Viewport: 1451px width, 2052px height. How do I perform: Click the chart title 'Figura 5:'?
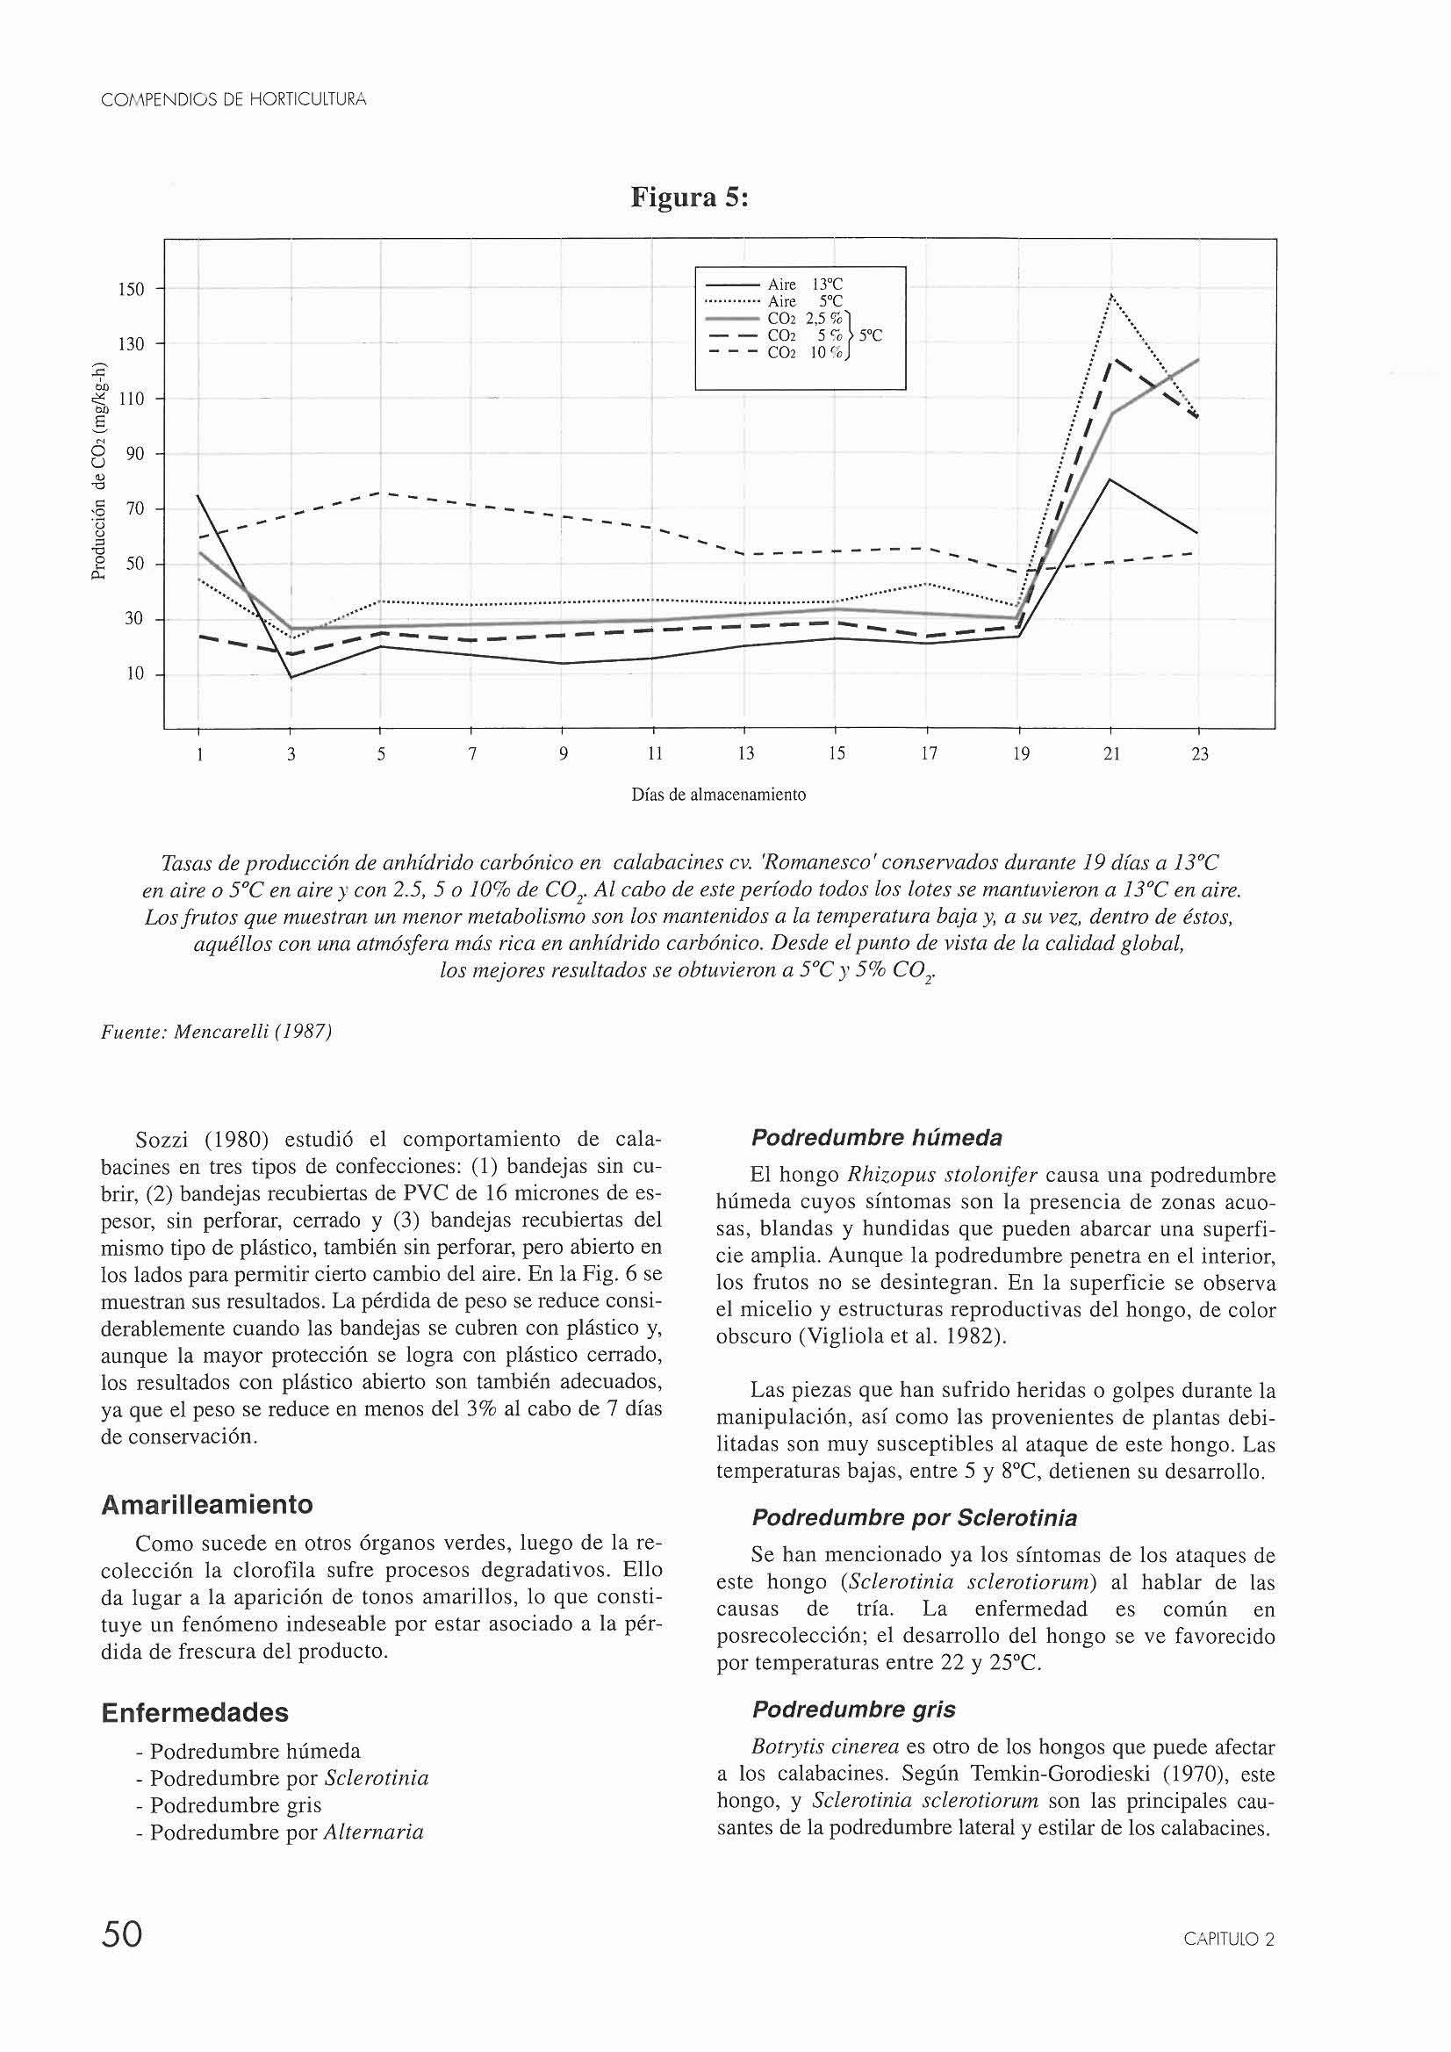pyautogui.click(x=689, y=197)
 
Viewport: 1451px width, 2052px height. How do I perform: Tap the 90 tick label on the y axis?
pyautogui.click(x=135, y=454)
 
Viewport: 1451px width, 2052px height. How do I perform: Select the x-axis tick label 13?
pyautogui.click(x=745, y=754)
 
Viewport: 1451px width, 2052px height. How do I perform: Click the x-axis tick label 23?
pyautogui.click(x=1200, y=754)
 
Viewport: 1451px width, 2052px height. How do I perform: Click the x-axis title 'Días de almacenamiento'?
pyautogui.click(x=718, y=794)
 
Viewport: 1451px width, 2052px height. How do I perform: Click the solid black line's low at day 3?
pyautogui.click(x=291, y=677)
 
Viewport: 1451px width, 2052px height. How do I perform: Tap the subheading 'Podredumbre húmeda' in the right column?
pyautogui.click(x=877, y=1138)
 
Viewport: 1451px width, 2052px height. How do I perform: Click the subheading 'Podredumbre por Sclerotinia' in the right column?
pyautogui.click(x=914, y=1517)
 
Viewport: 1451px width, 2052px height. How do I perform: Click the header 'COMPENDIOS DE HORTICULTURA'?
pyautogui.click(x=233, y=100)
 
